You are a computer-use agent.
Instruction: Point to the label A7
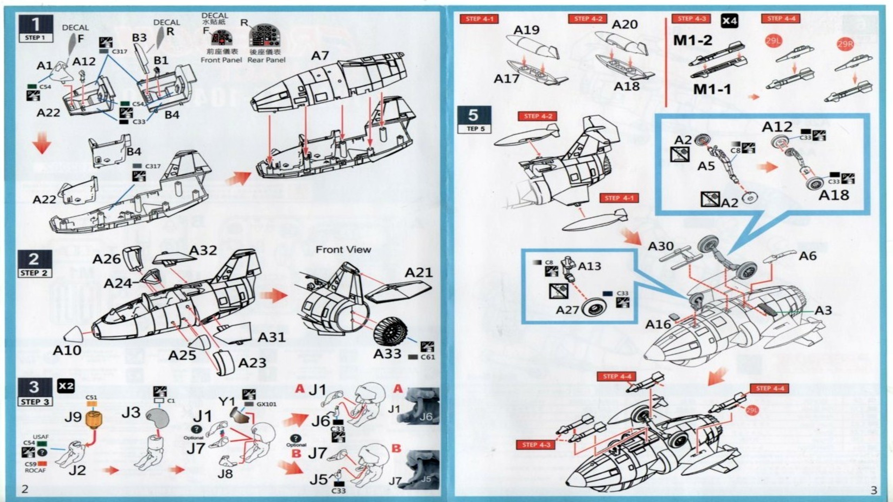(320, 56)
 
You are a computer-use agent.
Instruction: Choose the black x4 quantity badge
(729, 21)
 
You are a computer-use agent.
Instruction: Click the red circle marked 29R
(845, 44)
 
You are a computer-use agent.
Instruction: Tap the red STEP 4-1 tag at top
(479, 19)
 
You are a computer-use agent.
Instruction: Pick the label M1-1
(712, 90)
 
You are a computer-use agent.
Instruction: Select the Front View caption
(343, 250)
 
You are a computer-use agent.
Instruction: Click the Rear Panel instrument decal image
(267, 36)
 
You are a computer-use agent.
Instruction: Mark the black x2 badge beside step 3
(66, 386)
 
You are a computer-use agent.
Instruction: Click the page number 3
(873, 490)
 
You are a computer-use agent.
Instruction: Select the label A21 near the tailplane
(419, 273)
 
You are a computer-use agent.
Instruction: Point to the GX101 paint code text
(266, 404)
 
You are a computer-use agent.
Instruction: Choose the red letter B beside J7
(296, 454)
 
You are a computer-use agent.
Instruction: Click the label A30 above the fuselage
(660, 246)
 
